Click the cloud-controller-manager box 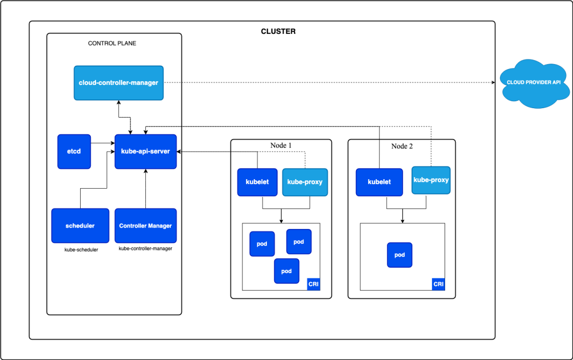(x=118, y=83)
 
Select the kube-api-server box (x=146, y=152)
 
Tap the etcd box (x=74, y=152)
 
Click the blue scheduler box (x=80, y=226)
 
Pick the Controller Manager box (x=145, y=226)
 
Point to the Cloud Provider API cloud (x=533, y=83)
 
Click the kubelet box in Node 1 (x=257, y=182)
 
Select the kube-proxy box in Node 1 (x=305, y=182)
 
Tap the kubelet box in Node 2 (x=379, y=182)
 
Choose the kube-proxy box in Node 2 (x=431, y=180)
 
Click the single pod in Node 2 (x=400, y=255)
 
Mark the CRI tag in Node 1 (x=314, y=284)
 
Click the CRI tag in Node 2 (x=438, y=284)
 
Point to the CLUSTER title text (x=278, y=32)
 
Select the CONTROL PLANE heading (x=112, y=43)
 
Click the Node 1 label (x=281, y=146)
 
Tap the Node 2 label (x=402, y=146)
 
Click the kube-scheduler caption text (x=81, y=249)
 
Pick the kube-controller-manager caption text (x=145, y=248)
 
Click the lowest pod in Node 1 (x=286, y=271)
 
